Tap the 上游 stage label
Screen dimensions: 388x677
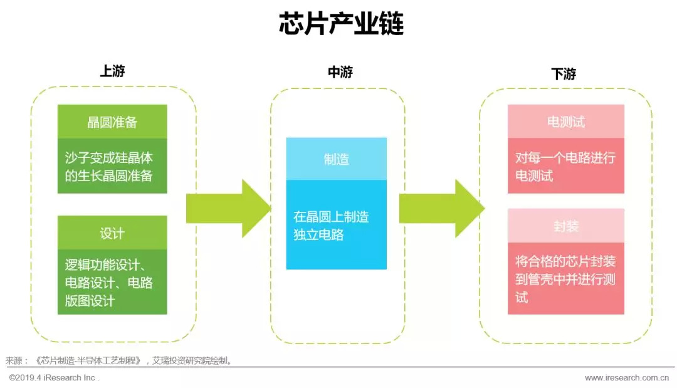pos(113,71)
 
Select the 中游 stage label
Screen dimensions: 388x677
pos(340,72)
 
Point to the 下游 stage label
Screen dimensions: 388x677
pos(564,73)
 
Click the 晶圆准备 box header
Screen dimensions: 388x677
pos(112,122)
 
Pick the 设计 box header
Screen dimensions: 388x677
pos(112,233)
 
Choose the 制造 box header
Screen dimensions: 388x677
pos(337,159)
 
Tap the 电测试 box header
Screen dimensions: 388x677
pos(565,122)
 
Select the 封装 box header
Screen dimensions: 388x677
pos(565,226)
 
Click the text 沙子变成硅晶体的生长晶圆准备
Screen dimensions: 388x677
pos(109,166)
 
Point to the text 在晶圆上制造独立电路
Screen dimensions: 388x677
pos(331,226)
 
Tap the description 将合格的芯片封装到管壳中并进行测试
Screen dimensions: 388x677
pos(565,278)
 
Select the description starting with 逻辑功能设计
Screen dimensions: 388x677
pos(109,282)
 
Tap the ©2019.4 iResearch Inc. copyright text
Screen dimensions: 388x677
pos(54,378)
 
